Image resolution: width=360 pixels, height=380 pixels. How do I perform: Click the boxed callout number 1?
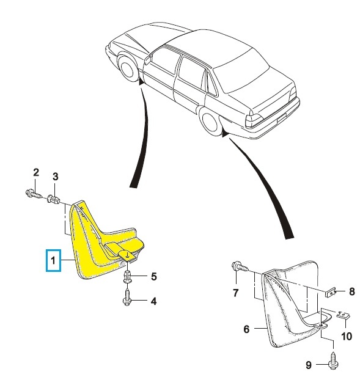coord(53,260)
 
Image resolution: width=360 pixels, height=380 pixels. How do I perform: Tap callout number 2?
coord(36,172)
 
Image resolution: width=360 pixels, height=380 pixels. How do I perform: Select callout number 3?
coord(56,177)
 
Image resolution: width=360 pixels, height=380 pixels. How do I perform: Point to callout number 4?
coord(153,301)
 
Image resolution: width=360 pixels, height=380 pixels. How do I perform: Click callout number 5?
coord(154,276)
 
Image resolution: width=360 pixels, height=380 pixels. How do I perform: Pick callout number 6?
coord(246,329)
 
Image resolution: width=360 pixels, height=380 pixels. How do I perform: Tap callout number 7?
coord(236,293)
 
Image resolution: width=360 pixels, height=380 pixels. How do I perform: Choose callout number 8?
coord(352,291)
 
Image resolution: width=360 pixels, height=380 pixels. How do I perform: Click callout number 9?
coord(309,365)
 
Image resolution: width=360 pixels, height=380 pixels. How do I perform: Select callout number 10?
coord(347,336)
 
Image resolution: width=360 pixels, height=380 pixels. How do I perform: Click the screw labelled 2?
coord(34,194)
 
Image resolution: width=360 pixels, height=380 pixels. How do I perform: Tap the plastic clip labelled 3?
coord(54,199)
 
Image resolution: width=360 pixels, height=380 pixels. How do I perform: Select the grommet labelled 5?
coord(128,277)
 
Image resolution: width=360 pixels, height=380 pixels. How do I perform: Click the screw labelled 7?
coord(240,266)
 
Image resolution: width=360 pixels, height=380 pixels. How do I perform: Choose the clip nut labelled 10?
coord(343,315)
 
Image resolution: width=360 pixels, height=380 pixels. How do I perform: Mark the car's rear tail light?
coord(254,121)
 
